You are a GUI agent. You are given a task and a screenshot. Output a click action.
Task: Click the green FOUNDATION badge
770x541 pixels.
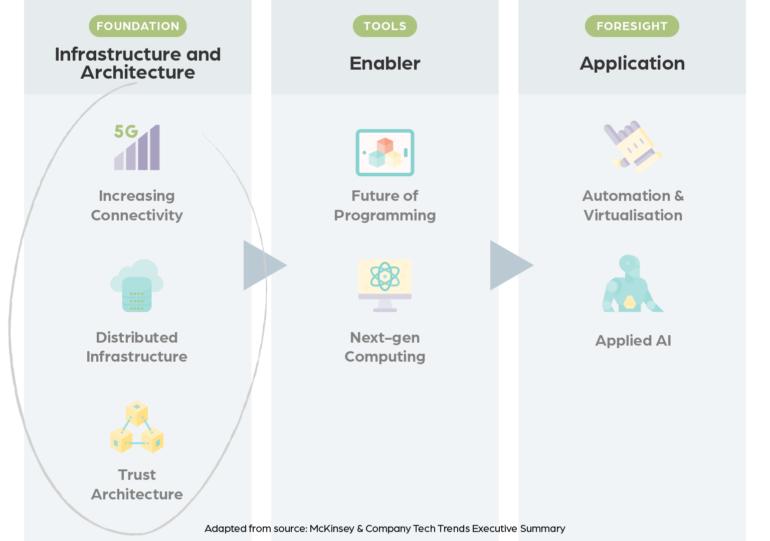[x=137, y=26]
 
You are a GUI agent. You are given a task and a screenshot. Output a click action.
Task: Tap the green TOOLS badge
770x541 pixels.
[x=384, y=26]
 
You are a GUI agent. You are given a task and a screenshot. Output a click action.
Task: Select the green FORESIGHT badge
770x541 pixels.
[x=632, y=26]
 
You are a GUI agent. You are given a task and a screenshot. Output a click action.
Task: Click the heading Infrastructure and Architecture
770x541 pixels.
[x=137, y=63]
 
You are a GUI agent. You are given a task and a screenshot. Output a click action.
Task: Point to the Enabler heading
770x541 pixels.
[x=384, y=64]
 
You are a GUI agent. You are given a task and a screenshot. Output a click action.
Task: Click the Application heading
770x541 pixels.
[x=632, y=64]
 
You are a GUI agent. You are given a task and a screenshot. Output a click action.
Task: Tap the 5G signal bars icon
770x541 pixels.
[x=137, y=147]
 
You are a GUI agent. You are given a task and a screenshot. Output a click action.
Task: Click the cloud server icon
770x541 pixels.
[x=137, y=285]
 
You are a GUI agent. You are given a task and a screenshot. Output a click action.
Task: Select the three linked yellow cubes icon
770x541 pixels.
[x=137, y=427]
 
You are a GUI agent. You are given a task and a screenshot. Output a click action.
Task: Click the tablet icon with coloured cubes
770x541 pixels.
[x=384, y=152]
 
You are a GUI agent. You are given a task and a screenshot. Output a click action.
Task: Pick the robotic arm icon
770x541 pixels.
[x=633, y=147]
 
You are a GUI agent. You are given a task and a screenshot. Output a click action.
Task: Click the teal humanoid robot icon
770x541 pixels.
[x=632, y=284]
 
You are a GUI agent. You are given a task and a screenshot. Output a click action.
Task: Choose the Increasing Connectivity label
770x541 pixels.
[x=137, y=205]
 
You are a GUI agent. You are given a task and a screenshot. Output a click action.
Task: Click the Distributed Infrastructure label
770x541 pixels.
[x=137, y=347]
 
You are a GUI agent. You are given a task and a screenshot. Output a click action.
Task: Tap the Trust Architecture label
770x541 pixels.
[x=137, y=484]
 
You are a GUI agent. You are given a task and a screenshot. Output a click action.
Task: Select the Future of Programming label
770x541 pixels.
[x=384, y=205]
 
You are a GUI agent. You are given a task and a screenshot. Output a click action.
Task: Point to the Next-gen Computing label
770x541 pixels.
[x=384, y=347]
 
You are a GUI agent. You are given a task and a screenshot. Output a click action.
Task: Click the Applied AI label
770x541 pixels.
[x=633, y=341]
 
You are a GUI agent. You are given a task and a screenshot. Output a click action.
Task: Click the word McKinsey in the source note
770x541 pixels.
[x=332, y=528]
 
